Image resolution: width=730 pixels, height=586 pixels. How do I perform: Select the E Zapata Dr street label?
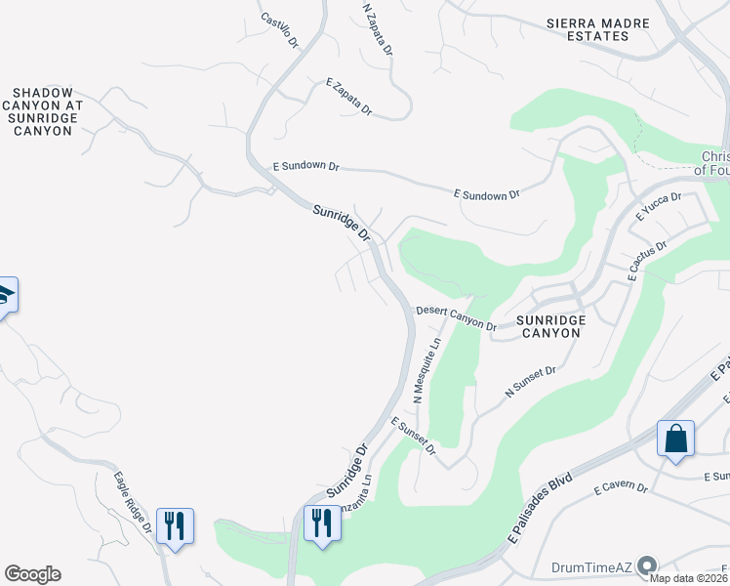click(x=349, y=97)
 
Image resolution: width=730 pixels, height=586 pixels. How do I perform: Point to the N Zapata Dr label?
click(x=377, y=28)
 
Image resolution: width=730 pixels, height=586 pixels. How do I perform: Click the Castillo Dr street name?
click(x=279, y=30)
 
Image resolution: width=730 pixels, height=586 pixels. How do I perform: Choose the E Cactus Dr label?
click(x=648, y=260)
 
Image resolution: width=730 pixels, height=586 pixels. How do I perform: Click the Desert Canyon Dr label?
click(x=457, y=316)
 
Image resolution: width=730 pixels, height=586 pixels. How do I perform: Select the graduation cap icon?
click(x=5, y=295)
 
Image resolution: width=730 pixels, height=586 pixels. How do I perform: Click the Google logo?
click(x=32, y=574)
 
